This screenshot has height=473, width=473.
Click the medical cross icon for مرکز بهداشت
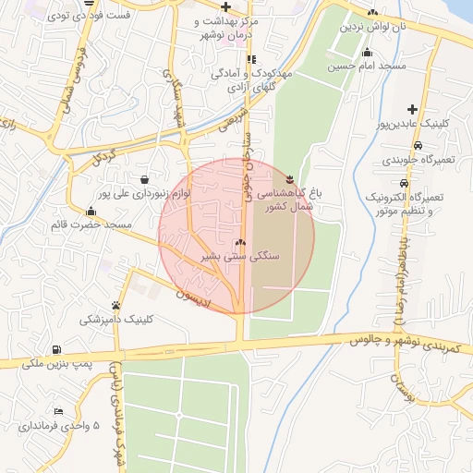tap(225, 6)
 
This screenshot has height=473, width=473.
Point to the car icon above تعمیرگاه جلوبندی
tap(418, 146)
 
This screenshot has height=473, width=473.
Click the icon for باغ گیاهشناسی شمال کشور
tap(291, 179)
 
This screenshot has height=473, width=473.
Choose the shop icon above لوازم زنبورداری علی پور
tap(144, 179)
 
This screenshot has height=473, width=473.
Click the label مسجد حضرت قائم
tap(91, 224)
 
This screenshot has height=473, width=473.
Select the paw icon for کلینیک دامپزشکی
tap(115, 304)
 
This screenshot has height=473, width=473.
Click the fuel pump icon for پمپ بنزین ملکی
tap(57, 349)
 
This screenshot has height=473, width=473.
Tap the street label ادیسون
tap(195, 297)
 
